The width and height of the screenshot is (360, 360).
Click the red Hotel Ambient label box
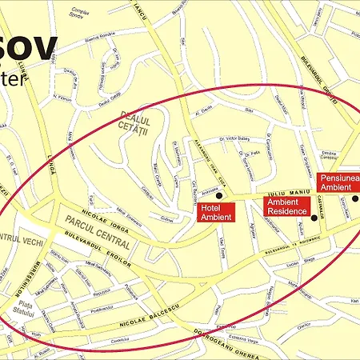[x=216, y=212]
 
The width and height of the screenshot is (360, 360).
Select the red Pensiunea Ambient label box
[x=337, y=182]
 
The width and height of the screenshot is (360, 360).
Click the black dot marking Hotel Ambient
[x=219, y=195]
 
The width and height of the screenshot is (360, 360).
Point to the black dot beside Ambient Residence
[x=314, y=217]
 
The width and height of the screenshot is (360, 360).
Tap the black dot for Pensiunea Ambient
[x=355, y=198]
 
